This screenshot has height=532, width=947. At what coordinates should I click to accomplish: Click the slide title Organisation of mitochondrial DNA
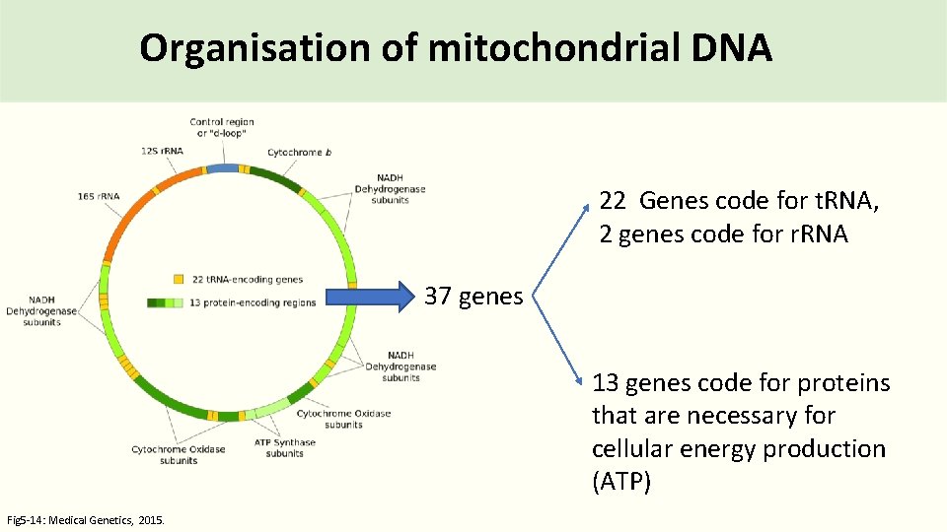455,47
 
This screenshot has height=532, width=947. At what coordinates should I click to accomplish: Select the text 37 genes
473,296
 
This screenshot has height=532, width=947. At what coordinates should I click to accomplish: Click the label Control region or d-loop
222,127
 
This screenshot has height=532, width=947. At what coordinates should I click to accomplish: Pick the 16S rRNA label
98,196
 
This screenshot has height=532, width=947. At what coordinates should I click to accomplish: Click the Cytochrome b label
299,153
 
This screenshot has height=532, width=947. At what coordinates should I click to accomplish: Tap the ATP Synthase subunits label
284,447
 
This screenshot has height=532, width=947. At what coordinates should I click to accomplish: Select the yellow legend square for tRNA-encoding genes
179,280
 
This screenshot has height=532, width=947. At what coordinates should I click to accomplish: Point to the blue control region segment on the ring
223,168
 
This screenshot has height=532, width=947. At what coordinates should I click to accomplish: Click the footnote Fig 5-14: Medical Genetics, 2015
86,519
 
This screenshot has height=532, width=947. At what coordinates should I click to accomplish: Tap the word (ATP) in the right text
620,483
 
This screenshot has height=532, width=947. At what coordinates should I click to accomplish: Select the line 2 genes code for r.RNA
723,234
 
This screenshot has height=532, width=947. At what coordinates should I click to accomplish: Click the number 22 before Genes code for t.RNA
612,201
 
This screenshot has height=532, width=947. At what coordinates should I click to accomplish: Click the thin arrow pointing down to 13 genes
560,340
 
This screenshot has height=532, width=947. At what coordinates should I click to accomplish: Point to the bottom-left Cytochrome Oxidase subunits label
178,454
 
